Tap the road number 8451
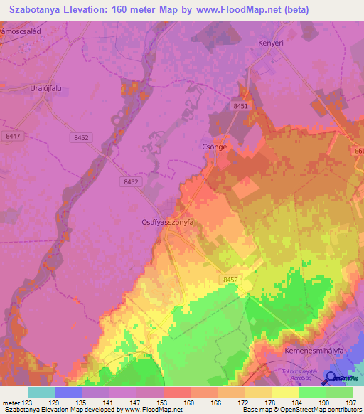(240, 106)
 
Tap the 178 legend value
(270, 402)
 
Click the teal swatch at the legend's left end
(42, 392)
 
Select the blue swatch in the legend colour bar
(69, 392)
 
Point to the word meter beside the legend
(10, 402)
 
